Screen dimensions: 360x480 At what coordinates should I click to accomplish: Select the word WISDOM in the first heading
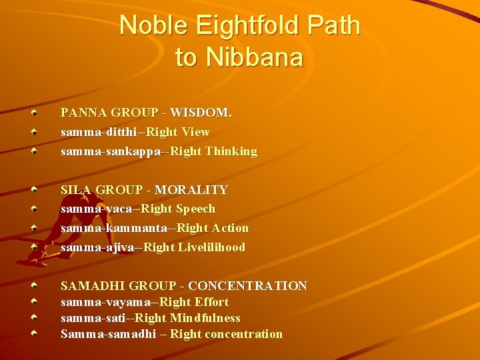[x=201, y=113]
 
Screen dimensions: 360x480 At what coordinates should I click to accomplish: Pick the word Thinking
[x=231, y=151]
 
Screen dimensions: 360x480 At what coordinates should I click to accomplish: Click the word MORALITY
[x=191, y=190]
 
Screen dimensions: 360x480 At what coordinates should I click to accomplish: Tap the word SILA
[x=76, y=190]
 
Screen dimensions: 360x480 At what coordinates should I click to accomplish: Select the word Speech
[x=195, y=209]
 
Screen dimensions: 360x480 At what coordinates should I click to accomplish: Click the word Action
[x=230, y=228]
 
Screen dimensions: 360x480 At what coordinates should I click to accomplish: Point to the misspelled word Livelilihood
[x=211, y=247]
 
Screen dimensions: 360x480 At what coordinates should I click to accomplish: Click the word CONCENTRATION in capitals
[x=248, y=285]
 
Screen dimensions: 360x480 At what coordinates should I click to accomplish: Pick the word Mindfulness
[x=205, y=318]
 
